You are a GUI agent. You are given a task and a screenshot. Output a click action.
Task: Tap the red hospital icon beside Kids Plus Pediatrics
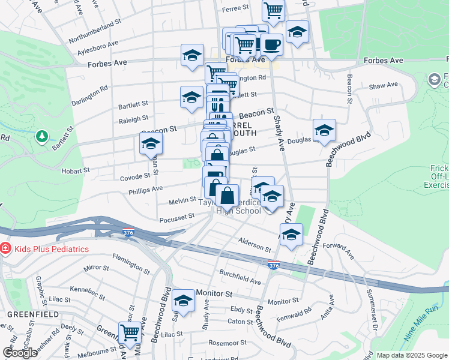(5, 248)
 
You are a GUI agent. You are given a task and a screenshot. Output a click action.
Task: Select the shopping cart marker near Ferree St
(273, 10)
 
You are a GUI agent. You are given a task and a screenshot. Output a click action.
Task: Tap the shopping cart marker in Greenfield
(129, 332)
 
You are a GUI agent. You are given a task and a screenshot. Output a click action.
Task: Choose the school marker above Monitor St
(183, 299)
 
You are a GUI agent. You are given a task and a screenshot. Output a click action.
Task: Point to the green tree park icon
(42, 136)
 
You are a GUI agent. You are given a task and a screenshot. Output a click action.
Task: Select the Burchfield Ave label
(240, 277)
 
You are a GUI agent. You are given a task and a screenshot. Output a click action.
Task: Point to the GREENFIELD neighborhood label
(33, 314)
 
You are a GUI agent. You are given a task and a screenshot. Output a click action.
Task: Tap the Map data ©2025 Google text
(411, 355)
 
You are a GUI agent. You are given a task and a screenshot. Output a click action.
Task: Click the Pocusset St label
(175, 220)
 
